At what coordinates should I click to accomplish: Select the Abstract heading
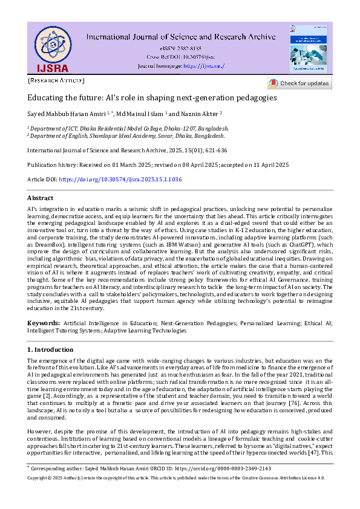(40, 198)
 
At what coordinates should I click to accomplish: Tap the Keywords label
(43, 325)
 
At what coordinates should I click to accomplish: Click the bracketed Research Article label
(56, 80)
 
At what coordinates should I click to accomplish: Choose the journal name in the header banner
(180, 37)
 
